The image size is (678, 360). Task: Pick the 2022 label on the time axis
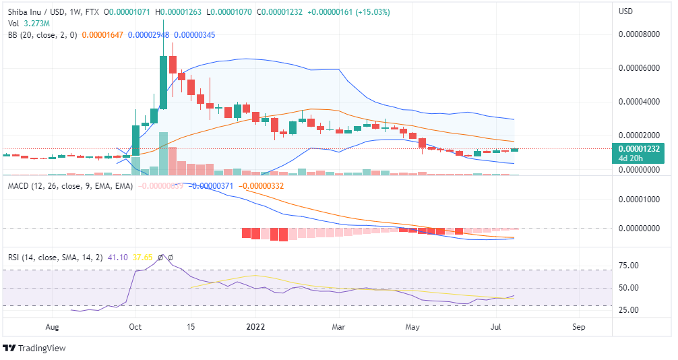coord(255,327)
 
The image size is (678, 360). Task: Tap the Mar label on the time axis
coord(339,327)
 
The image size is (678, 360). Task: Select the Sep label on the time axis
coord(578,327)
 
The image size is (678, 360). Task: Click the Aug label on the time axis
coord(53,327)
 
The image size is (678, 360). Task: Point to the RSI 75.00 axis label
coord(629,266)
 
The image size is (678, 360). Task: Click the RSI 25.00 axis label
coord(629,310)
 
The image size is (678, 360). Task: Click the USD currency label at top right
coord(626,11)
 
